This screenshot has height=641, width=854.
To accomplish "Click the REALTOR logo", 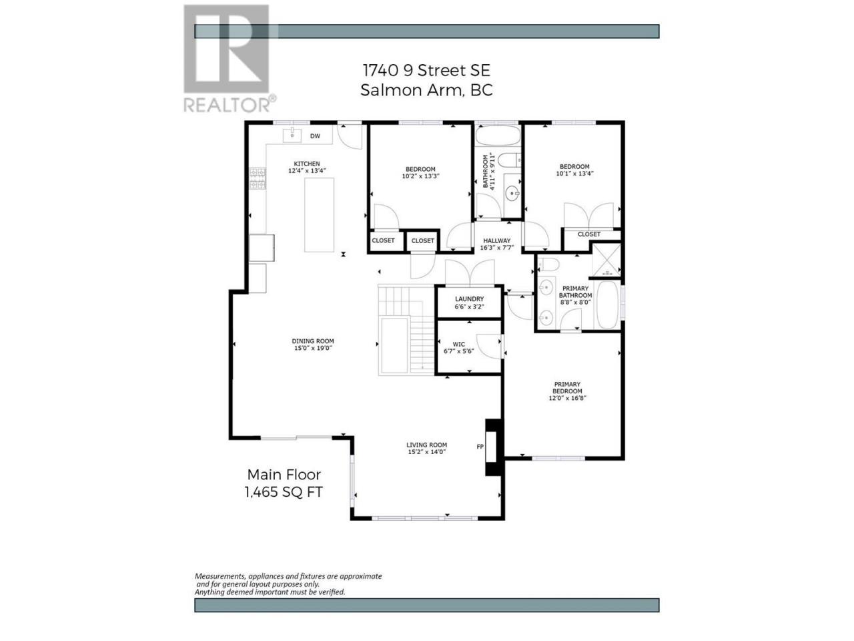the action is [x=229, y=58].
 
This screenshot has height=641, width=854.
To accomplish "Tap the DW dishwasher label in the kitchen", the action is [x=315, y=136].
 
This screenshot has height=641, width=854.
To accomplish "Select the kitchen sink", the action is [x=292, y=135].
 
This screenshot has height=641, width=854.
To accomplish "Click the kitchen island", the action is [x=319, y=215].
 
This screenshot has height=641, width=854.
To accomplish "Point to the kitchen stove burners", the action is [x=258, y=178].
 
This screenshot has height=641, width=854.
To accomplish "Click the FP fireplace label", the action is [x=480, y=447].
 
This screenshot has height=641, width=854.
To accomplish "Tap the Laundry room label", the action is [x=469, y=299].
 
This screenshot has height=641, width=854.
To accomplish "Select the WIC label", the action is [x=459, y=344].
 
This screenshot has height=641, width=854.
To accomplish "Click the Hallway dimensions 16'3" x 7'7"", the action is [x=497, y=248].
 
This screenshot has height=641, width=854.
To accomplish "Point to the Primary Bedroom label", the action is [x=567, y=388].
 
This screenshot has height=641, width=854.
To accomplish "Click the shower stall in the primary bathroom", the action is [x=606, y=259].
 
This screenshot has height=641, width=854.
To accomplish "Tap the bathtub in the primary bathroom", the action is [x=607, y=304].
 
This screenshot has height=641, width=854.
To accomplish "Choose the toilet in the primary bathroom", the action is [x=549, y=264].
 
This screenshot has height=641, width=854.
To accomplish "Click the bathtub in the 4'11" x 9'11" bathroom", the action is [x=498, y=136].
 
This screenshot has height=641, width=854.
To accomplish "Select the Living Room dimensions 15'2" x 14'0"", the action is [x=426, y=452].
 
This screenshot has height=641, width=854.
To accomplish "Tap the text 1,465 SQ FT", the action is [x=284, y=492].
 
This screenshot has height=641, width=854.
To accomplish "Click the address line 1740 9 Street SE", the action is [x=426, y=71].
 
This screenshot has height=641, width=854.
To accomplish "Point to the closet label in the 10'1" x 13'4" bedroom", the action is [x=588, y=234].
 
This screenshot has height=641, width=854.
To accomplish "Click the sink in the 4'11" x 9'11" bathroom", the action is [x=512, y=193].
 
